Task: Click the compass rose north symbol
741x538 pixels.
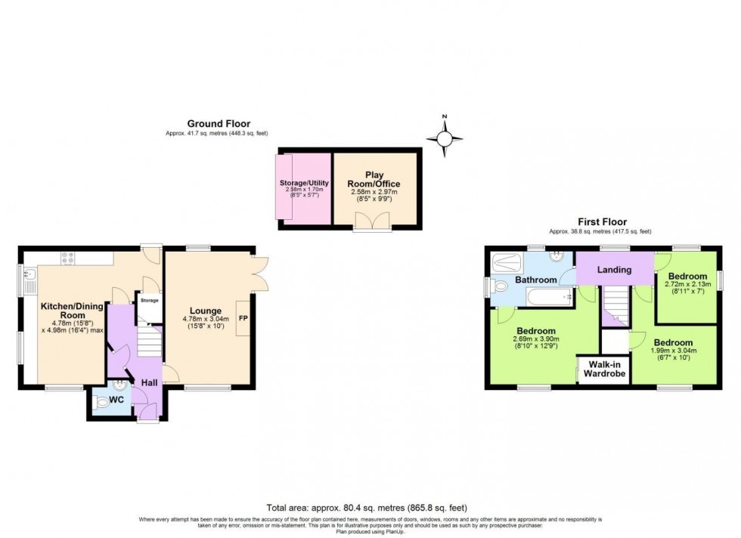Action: (445, 137)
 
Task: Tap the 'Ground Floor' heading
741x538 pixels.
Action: (219, 124)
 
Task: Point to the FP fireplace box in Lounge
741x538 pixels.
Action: (243, 318)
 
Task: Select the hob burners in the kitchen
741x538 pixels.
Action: (67, 257)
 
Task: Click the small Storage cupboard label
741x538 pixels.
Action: (149, 301)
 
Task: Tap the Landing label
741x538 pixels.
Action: (613, 270)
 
